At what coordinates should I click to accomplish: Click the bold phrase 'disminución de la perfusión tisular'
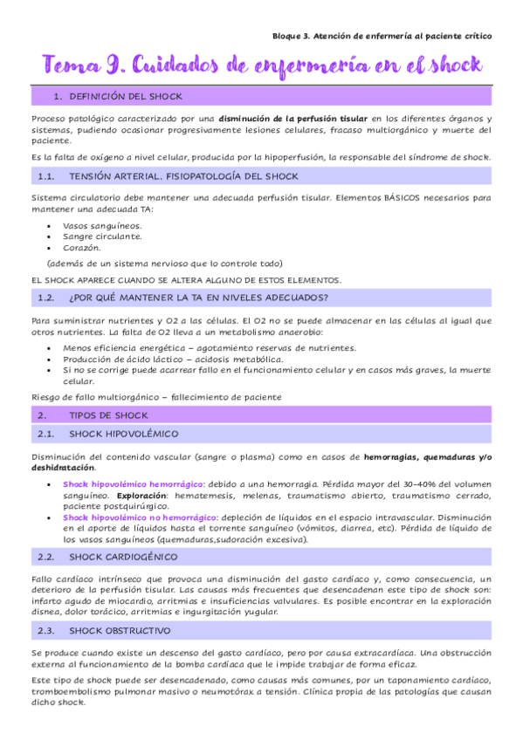coord(292,118)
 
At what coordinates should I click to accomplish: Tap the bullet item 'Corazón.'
coord(83,247)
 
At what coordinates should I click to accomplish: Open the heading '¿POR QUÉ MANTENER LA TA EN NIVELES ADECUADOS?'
coord(198,298)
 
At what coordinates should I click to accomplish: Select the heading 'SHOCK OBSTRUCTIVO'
coord(120,630)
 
